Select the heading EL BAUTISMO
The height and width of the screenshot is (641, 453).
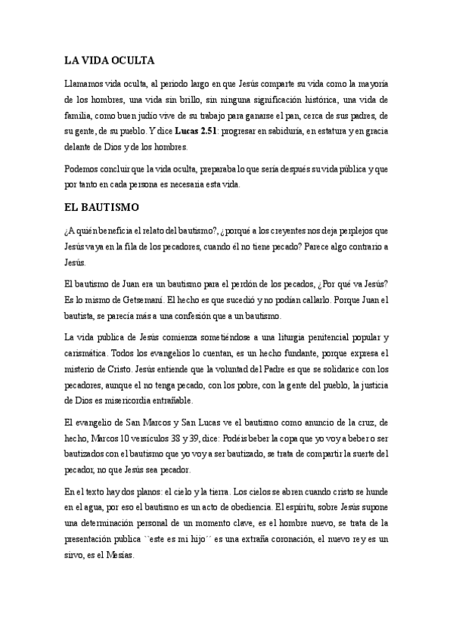100,205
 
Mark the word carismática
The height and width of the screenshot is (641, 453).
88,352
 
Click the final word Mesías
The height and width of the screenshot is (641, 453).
116,557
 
